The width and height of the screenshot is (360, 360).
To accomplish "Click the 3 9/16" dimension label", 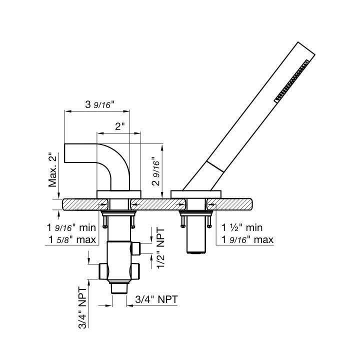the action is click(x=99, y=104).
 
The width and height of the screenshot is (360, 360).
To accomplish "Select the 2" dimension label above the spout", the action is click(x=119, y=126).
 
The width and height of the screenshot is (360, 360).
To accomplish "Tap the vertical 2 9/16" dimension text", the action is click(x=156, y=171).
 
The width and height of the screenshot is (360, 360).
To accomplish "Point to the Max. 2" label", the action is click(x=52, y=169).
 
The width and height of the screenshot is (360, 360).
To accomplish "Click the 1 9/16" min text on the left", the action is click(x=71, y=227).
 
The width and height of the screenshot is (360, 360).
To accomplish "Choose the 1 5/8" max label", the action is click(x=72, y=239).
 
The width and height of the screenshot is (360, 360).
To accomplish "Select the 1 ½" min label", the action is click(x=242, y=227).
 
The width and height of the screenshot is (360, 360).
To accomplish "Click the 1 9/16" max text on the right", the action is click(x=247, y=239).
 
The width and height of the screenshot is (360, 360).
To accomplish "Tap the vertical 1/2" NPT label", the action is click(x=160, y=247).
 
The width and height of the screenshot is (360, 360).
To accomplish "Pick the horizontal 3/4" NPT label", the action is click(x=156, y=299).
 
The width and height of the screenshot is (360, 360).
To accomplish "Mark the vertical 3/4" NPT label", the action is click(x=82, y=307).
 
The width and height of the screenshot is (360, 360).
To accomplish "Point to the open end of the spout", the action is click(x=64, y=153).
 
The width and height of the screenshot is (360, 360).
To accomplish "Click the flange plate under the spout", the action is click(x=118, y=194).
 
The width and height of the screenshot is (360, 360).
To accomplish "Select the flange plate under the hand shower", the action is click(x=196, y=194).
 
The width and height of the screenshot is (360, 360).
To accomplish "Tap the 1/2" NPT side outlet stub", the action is click(x=136, y=248).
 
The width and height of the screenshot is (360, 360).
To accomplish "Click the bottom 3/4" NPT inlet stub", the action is click(x=119, y=288).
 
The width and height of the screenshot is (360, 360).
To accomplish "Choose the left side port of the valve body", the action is click(x=103, y=271).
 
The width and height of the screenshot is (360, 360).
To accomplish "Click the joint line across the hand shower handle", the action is click(x=215, y=166).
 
